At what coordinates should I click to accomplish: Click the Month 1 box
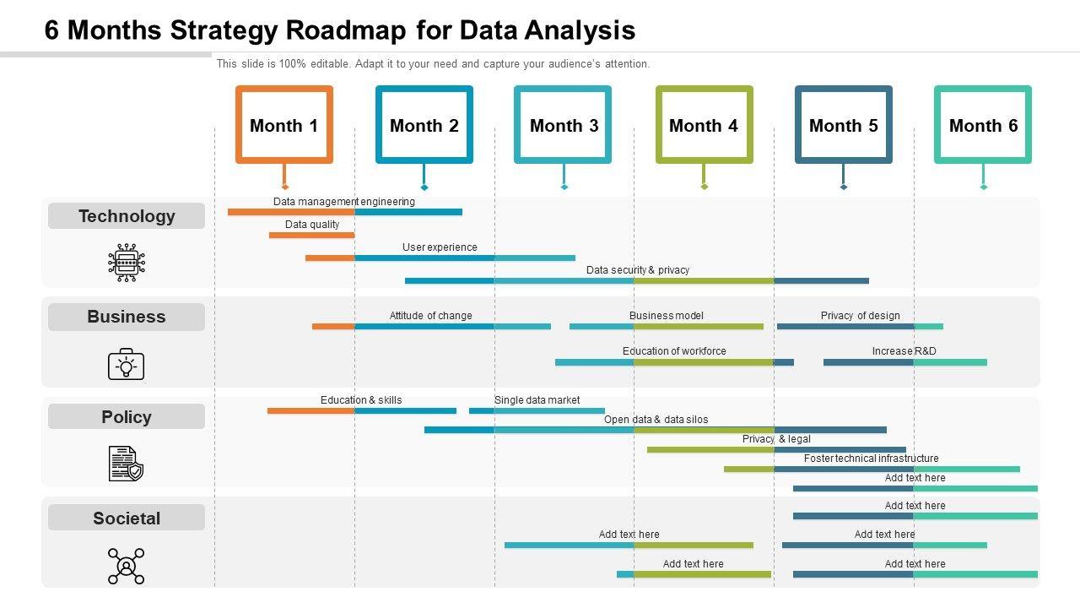283,125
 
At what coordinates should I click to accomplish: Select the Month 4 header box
704,125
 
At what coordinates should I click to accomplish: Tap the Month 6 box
983,125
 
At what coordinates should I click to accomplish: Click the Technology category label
127,216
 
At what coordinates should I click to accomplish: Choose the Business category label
127,317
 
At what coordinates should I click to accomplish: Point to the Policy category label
127,417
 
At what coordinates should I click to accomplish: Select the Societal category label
127,518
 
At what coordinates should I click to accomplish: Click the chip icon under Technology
127,263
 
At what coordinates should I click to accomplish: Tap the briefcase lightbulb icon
127,365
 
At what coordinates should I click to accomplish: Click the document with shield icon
127,464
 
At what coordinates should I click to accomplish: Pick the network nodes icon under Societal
127,566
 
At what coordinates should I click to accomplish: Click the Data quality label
312,225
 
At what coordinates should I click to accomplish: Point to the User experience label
440,247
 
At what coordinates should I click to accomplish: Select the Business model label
666,316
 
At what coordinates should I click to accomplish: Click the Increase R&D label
904,351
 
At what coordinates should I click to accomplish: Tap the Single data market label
537,400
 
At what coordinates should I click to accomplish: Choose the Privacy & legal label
776,439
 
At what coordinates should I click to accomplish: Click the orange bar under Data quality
311,235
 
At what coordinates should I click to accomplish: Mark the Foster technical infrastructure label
871,459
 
